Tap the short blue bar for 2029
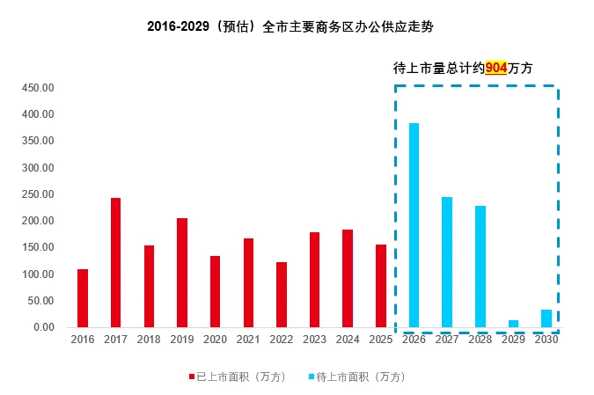(x=513, y=324)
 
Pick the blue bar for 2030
(x=546, y=318)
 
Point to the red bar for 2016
(x=83, y=298)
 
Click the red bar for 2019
(x=182, y=273)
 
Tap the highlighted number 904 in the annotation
(x=496, y=68)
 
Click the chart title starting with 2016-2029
(x=290, y=27)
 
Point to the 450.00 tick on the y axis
(x=40, y=88)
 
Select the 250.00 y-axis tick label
(x=40, y=194)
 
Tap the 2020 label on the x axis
(x=215, y=340)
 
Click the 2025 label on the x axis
(x=380, y=340)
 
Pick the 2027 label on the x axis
(x=447, y=340)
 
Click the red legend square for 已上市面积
(x=191, y=377)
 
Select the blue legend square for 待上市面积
(x=311, y=377)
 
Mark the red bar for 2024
(x=348, y=278)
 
